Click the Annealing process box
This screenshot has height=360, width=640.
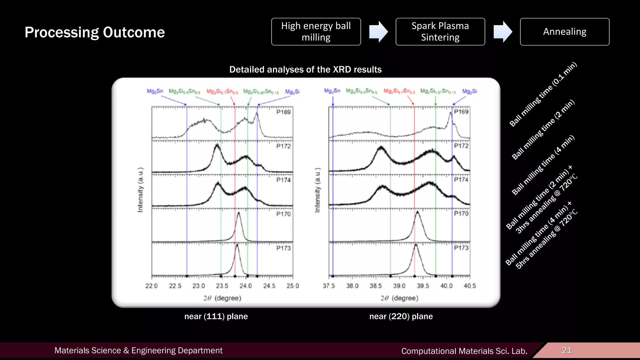click(564, 32)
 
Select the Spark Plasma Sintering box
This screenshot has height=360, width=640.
click(440, 32)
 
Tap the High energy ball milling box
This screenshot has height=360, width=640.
click(316, 32)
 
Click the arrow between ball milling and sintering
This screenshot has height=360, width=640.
click(378, 32)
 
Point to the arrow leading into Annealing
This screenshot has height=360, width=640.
click(502, 32)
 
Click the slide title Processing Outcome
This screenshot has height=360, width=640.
click(95, 32)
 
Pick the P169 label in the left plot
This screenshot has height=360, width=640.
click(283, 112)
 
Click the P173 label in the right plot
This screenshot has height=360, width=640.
click(461, 248)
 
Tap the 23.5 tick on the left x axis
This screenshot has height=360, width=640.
click(222, 286)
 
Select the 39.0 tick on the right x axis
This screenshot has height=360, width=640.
click(399, 286)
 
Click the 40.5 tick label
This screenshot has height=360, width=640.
click(469, 286)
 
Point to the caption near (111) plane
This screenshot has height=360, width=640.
click(216, 316)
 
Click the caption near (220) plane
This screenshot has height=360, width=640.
click(401, 316)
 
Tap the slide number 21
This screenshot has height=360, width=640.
click(566, 350)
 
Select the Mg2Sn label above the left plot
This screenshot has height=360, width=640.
click(155, 91)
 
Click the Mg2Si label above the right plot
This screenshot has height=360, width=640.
click(469, 91)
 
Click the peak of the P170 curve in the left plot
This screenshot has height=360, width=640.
click(239, 213)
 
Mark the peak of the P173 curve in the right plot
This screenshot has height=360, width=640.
click(416, 244)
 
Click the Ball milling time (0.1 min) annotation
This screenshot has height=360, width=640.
click(543, 94)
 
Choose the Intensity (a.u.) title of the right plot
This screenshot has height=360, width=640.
click(317, 190)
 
